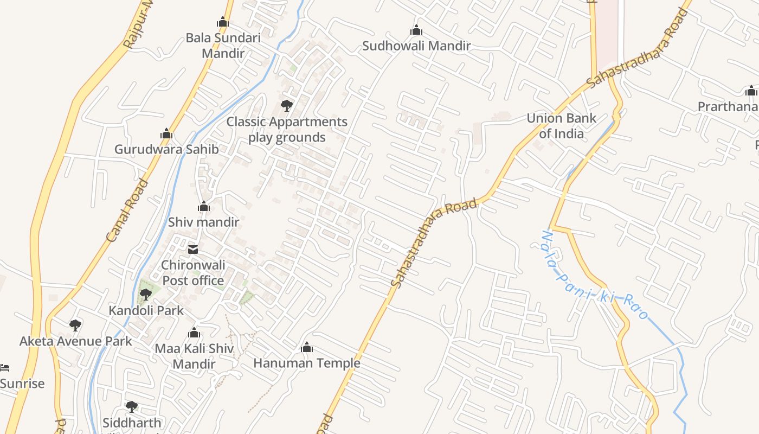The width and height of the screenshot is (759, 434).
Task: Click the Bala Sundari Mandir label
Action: tap(223, 46)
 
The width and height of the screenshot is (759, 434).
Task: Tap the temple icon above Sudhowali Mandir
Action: tap(416, 30)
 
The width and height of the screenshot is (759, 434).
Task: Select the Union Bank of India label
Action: tap(561, 126)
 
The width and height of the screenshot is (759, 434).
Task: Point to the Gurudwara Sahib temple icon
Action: tap(166, 133)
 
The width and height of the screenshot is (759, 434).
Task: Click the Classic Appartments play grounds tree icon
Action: tap(286, 105)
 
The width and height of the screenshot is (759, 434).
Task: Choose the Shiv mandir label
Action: tap(203, 222)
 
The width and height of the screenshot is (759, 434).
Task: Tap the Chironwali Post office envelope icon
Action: tap(192, 250)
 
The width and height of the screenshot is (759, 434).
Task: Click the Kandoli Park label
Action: tap(146, 311)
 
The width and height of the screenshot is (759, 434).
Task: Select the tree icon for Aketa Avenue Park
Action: tap(75, 325)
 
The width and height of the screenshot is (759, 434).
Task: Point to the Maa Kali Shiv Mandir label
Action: tap(194, 356)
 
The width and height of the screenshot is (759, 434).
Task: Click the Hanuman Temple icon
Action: tap(307, 347)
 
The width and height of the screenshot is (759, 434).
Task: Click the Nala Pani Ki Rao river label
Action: tap(595, 275)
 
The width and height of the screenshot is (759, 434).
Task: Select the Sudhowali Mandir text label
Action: tap(416, 46)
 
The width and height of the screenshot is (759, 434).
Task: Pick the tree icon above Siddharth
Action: tap(131, 406)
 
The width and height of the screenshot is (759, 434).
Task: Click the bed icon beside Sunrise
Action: tap(4, 368)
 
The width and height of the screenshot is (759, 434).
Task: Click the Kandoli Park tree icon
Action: tap(145, 295)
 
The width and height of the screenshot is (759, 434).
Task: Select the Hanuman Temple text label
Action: tap(307, 363)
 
